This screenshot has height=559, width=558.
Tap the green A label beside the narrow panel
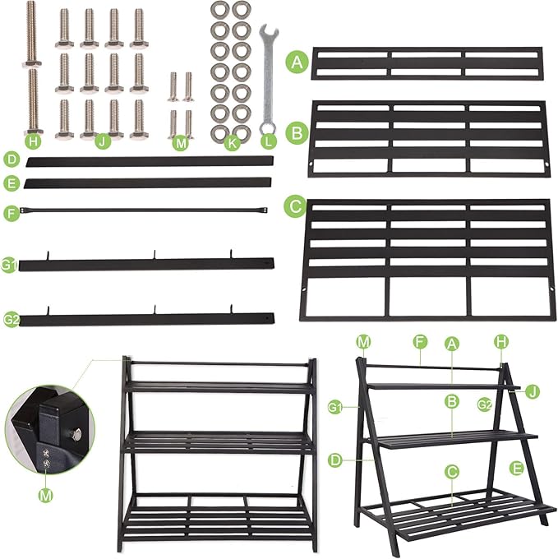click(296, 62)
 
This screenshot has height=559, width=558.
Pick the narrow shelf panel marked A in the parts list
click(427, 63)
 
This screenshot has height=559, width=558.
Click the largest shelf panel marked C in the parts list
click(428, 260)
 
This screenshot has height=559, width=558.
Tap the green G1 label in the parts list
click(9, 266)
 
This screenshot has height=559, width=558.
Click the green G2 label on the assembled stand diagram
click(485, 404)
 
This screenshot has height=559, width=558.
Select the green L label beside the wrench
click(268, 141)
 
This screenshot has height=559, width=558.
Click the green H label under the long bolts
click(33, 141)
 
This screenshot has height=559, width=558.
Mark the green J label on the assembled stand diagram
click(533, 391)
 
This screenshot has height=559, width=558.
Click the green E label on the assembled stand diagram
click(516, 468)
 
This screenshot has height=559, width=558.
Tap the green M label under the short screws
click(182, 141)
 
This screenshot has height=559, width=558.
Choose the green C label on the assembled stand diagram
click(451, 472)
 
